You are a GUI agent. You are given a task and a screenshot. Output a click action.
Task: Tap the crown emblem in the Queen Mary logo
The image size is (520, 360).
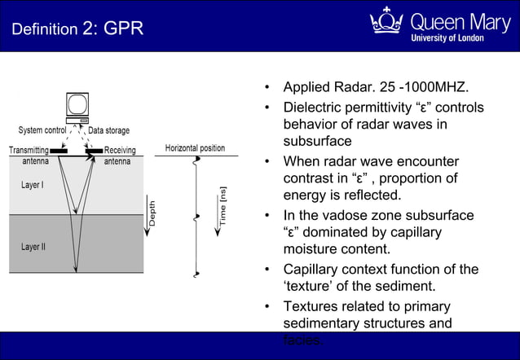pyautogui.click(x=386, y=21)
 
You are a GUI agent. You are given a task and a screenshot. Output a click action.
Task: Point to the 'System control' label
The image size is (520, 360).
pyautogui.click(x=42, y=130)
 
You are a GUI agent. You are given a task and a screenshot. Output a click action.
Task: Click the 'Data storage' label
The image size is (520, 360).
pyautogui.click(x=108, y=130)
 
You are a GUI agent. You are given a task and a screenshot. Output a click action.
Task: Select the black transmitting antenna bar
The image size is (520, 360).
pyautogui.click(x=59, y=151)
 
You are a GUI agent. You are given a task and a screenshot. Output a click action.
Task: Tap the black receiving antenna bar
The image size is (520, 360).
pyautogui.click(x=95, y=151)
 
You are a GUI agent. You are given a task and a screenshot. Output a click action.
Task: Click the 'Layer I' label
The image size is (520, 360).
pyautogui.click(x=33, y=185)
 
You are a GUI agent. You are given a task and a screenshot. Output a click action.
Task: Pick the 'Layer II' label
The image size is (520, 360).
pyautogui.click(x=33, y=245)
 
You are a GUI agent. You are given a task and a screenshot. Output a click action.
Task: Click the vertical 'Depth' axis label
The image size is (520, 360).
pyautogui.click(x=152, y=213)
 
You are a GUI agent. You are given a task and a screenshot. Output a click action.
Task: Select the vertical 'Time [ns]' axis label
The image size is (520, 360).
pyautogui.click(x=223, y=207)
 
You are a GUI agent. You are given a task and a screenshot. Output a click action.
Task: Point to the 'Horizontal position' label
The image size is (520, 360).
pyautogui.click(x=195, y=148)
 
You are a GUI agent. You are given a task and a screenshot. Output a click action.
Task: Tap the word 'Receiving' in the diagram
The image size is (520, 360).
pyautogui.click(x=120, y=150)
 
